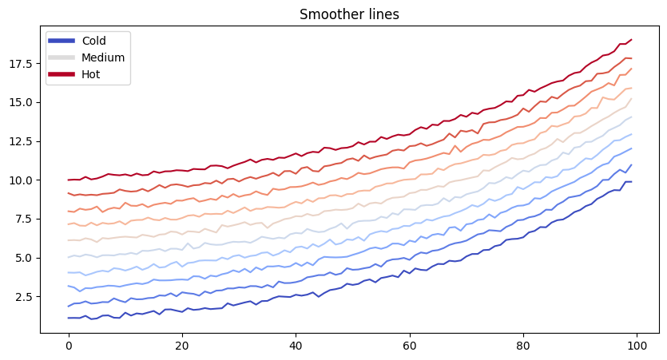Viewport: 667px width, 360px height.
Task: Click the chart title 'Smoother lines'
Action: coord(349,14)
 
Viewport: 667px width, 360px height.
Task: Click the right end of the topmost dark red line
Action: coord(631,40)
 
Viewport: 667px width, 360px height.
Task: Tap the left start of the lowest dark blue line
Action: coord(69,318)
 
